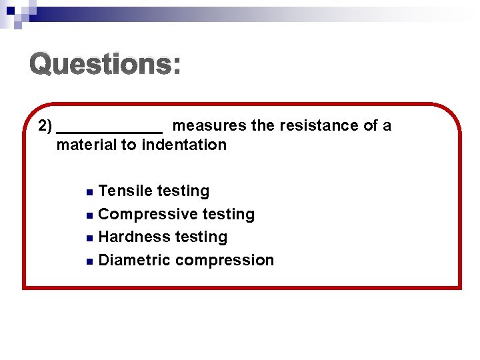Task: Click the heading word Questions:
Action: point(105,65)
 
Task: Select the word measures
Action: point(210,126)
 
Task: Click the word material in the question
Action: point(85,145)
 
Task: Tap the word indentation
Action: point(184,145)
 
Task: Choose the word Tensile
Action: point(125,191)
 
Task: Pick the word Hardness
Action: point(129,237)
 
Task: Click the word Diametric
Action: point(134,260)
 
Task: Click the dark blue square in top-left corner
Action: point(11,10)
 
